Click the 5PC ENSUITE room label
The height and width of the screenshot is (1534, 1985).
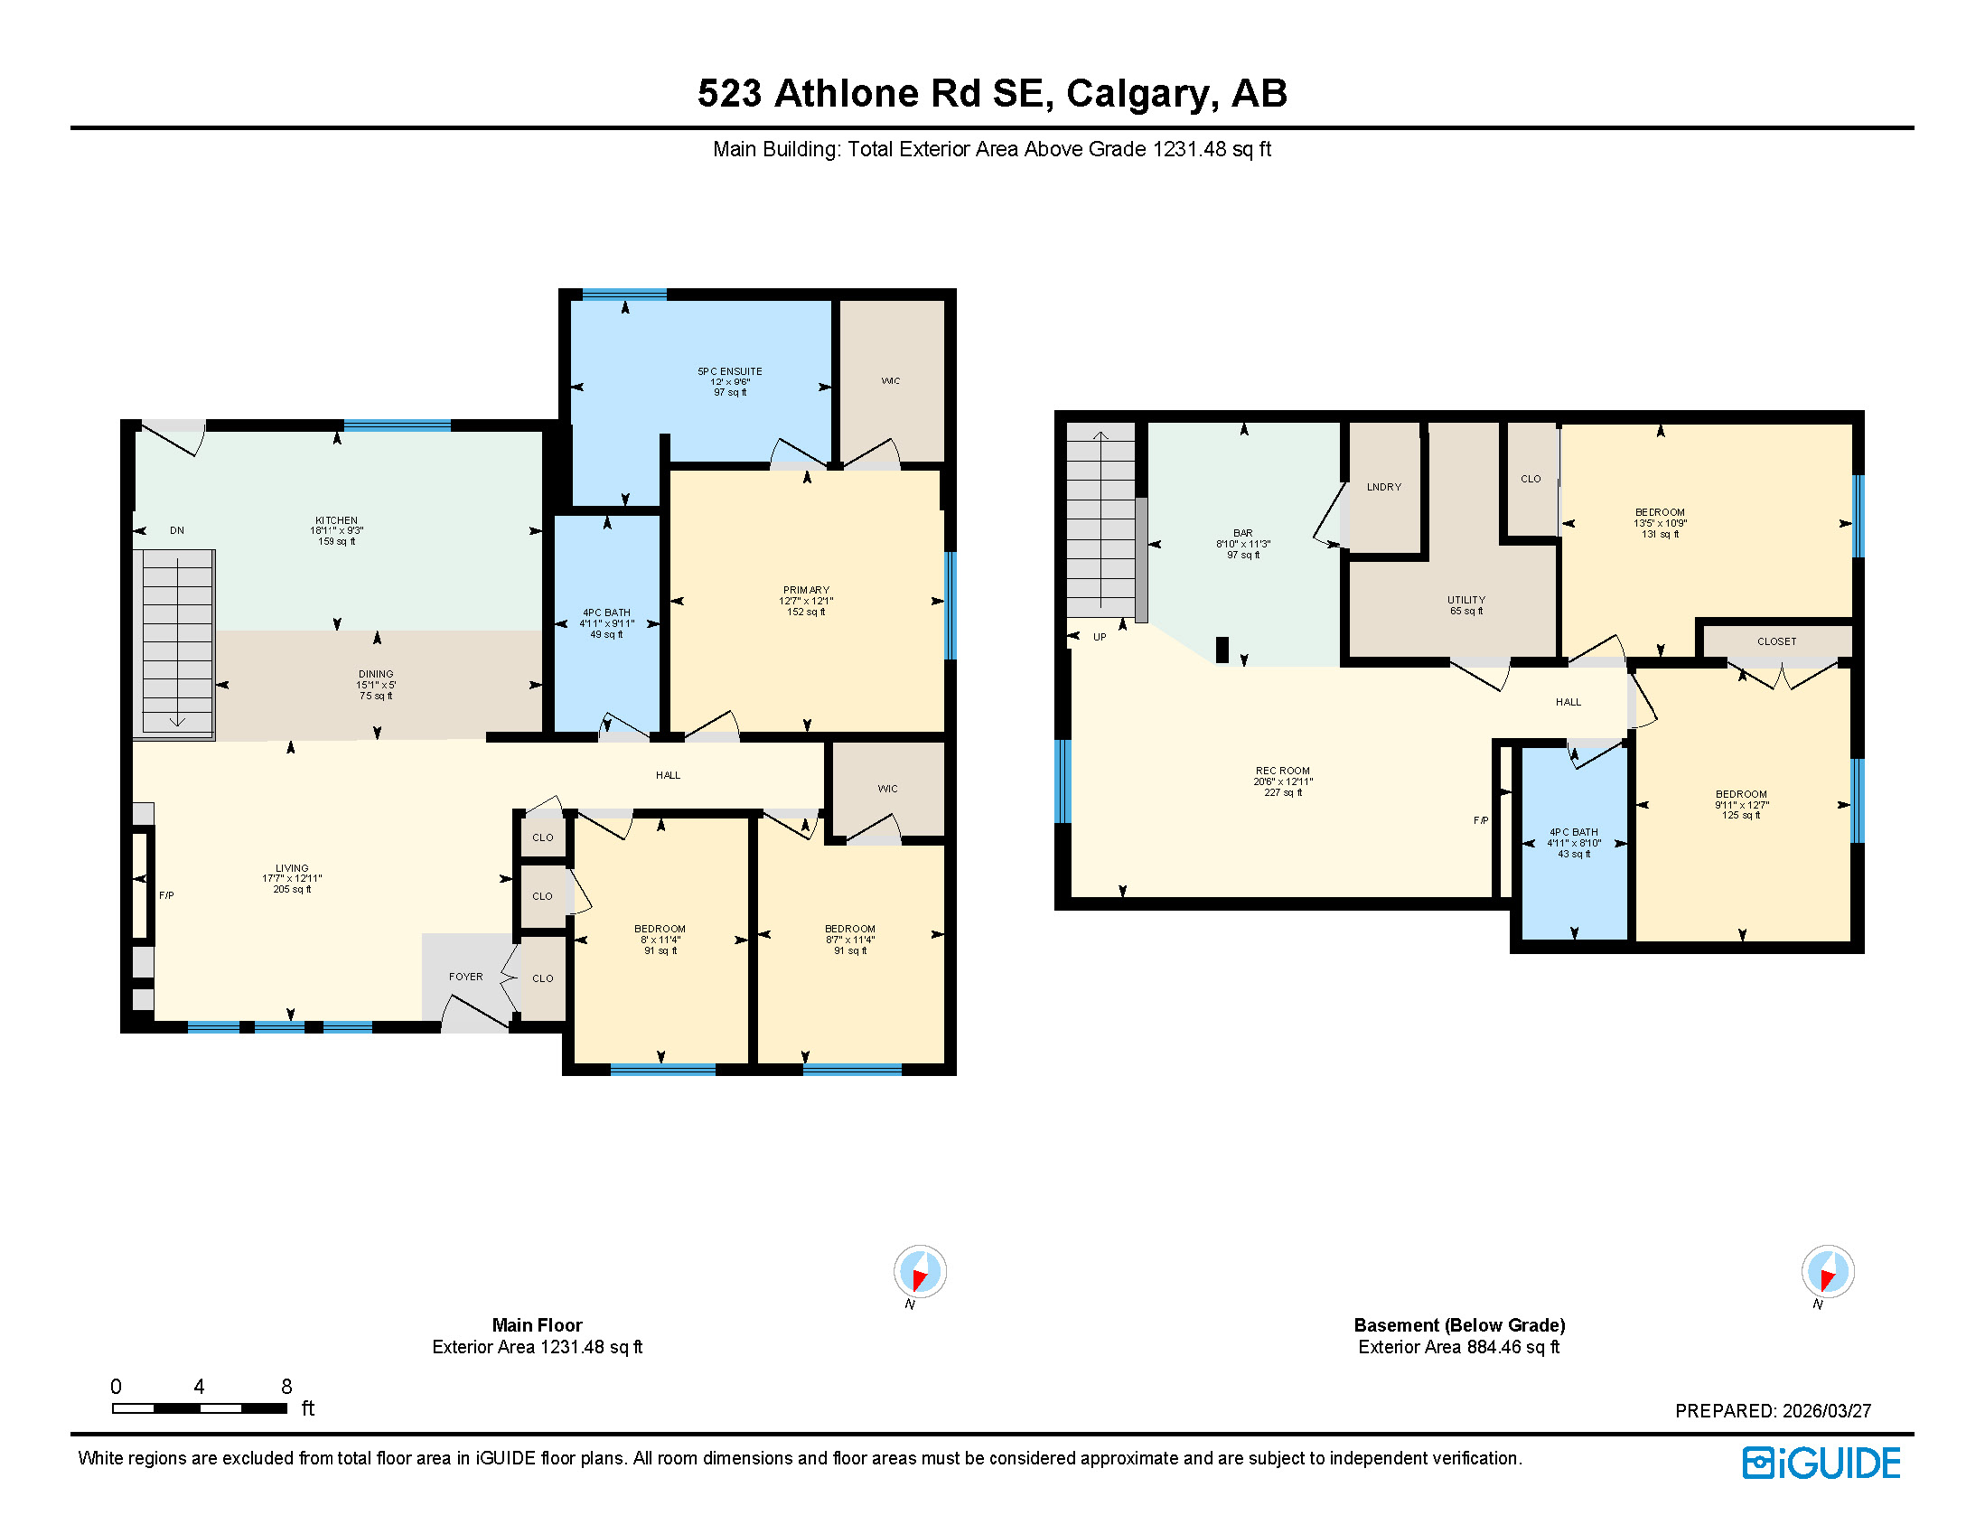click(x=729, y=372)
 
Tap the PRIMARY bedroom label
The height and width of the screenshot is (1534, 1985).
click(x=806, y=590)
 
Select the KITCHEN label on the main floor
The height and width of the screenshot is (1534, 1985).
click(x=336, y=521)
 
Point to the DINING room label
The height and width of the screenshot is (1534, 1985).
click(x=376, y=674)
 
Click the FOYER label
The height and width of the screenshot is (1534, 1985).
click(x=466, y=977)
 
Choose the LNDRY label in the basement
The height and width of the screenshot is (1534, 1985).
click(x=1383, y=487)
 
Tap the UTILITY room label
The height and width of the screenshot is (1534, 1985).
click(x=1466, y=600)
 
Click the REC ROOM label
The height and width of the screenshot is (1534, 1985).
click(x=1282, y=771)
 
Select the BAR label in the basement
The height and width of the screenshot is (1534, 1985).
click(x=1242, y=534)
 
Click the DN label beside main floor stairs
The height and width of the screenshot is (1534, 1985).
click(x=177, y=531)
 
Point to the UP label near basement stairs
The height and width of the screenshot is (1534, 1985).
click(x=1099, y=637)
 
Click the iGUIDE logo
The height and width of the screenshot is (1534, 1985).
click(x=1821, y=1463)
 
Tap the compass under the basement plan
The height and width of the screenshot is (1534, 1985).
click(x=1827, y=1273)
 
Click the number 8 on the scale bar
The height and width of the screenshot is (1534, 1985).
click(x=286, y=1386)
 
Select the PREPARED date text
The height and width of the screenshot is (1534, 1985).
click(x=1772, y=1411)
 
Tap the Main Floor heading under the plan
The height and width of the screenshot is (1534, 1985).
click(x=536, y=1325)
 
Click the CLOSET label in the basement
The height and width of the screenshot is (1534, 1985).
click(x=1776, y=642)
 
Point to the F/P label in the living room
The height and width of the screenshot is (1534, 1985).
click(x=167, y=896)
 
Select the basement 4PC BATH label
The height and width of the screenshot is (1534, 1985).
click(x=1573, y=832)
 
